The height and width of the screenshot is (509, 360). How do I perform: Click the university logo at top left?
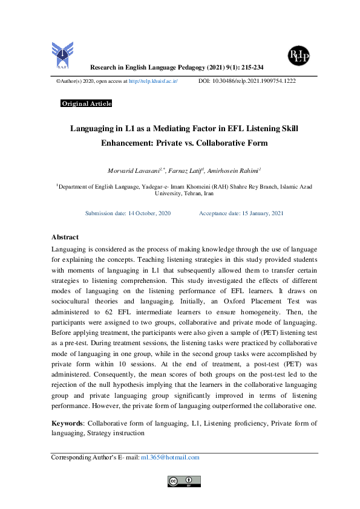pyautogui.click(x=61, y=54)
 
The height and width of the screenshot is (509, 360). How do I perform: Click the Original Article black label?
pyautogui.click(x=87, y=104)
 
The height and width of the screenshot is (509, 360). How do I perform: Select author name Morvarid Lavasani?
pyautogui.click(x=129, y=172)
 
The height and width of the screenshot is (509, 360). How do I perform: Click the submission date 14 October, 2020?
pyautogui.click(x=145, y=213)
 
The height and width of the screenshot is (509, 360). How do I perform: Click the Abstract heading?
pyautogui.click(x=65, y=238)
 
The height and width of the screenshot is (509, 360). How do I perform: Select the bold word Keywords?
pyautogui.click(x=66, y=423)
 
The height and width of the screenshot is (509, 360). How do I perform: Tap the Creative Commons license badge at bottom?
pyautogui.click(x=184, y=481)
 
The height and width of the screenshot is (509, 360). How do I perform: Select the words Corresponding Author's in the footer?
pyautogui.click(x=82, y=458)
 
